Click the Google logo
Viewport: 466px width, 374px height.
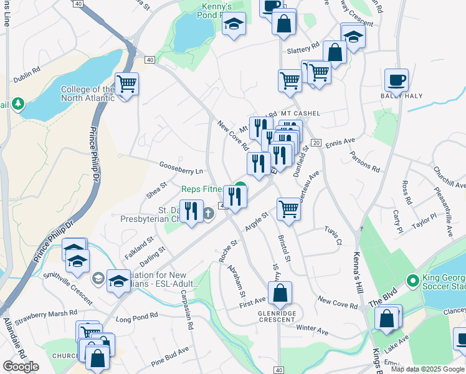coord(21,367)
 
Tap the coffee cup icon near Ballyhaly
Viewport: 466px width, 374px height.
coord(396,80)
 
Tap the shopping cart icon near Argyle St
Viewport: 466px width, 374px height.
coord(288,209)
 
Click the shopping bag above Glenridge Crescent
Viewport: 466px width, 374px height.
coord(282,292)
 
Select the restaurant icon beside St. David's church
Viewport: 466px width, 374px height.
coord(191,211)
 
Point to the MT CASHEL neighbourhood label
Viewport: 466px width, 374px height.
coord(300,113)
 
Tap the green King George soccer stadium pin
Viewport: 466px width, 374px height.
coord(411,280)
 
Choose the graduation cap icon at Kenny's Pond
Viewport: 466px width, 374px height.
coord(234,26)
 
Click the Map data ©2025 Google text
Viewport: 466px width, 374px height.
coord(427,369)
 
